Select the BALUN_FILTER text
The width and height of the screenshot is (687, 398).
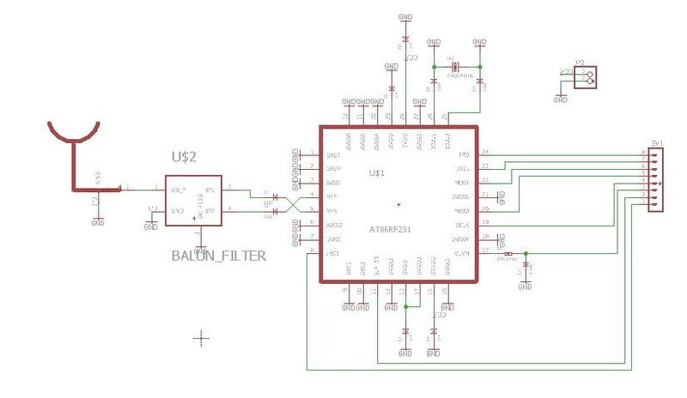[218, 255]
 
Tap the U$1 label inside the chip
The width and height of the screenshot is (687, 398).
[376, 173]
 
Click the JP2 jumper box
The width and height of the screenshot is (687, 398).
[587, 77]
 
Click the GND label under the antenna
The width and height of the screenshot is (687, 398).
[96, 222]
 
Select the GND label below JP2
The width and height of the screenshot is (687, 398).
[561, 99]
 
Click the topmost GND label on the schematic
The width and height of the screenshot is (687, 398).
[405, 16]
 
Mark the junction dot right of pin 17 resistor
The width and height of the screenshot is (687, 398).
[525, 253]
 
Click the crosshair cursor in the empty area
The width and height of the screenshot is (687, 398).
[202, 338]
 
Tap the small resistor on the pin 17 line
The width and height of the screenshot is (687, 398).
[509, 254]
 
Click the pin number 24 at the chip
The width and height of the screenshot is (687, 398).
[485, 152]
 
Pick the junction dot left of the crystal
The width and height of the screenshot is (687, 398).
[435, 67]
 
